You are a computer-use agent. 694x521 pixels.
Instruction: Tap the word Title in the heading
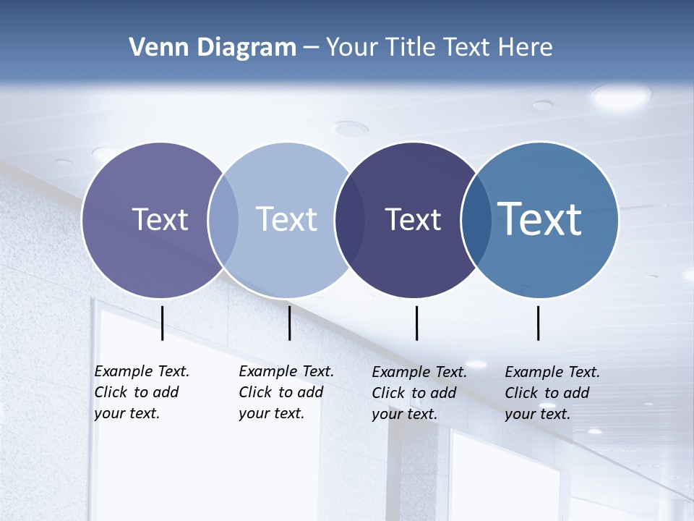click(x=411, y=48)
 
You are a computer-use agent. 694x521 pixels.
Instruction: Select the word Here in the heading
click(x=526, y=48)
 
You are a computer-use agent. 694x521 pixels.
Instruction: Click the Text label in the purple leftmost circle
click(x=160, y=219)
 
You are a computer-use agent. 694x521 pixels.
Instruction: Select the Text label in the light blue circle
click(x=287, y=219)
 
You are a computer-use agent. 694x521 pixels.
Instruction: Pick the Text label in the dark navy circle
click(x=413, y=219)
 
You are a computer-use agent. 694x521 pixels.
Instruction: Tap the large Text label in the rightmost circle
click(x=540, y=219)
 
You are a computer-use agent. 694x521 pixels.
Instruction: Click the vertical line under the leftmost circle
click(x=163, y=323)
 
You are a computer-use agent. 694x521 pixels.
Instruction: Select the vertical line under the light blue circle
click(x=289, y=323)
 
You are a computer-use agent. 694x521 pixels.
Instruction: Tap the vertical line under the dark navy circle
click(x=417, y=323)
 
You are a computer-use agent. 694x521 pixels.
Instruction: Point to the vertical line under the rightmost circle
click(x=539, y=323)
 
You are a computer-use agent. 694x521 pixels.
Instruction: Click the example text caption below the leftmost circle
click(x=142, y=392)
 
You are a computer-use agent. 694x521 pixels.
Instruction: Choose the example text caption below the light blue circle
click(x=286, y=392)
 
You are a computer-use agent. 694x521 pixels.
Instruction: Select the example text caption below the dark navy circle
click(x=419, y=393)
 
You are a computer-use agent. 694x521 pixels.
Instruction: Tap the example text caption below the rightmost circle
click(x=552, y=393)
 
